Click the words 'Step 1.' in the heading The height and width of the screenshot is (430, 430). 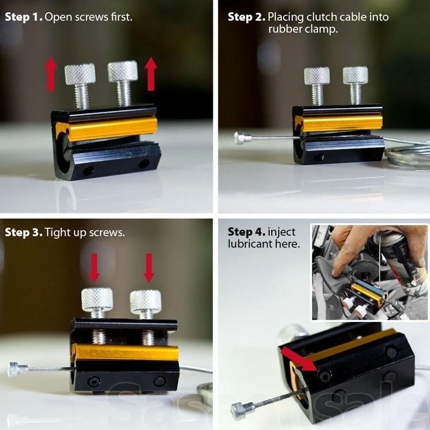point(24,18)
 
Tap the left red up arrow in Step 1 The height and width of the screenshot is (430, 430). point(51,74)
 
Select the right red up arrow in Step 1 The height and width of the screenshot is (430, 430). point(150,74)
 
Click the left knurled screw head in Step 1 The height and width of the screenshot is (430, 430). point(80,74)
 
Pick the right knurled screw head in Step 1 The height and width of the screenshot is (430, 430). point(123,71)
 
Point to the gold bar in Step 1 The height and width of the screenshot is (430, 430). point(112,128)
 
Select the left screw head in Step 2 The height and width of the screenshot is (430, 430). point(317,76)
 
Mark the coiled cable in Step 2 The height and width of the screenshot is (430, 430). point(408,155)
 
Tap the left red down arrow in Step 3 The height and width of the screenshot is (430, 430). point(94,267)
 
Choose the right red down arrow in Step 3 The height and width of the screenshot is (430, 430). point(149,267)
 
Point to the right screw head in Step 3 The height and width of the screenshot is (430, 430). point(146,301)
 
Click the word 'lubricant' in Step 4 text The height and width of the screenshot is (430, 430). point(253,244)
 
